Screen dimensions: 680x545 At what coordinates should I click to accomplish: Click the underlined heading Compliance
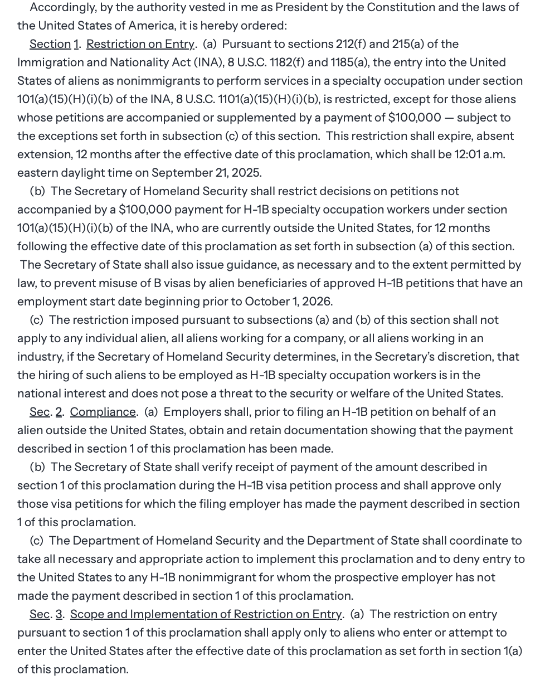click(x=103, y=412)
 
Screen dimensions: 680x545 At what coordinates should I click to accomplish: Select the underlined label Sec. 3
click(x=46, y=614)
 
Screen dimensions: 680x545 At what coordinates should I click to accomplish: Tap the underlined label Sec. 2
click(x=46, y=412)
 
